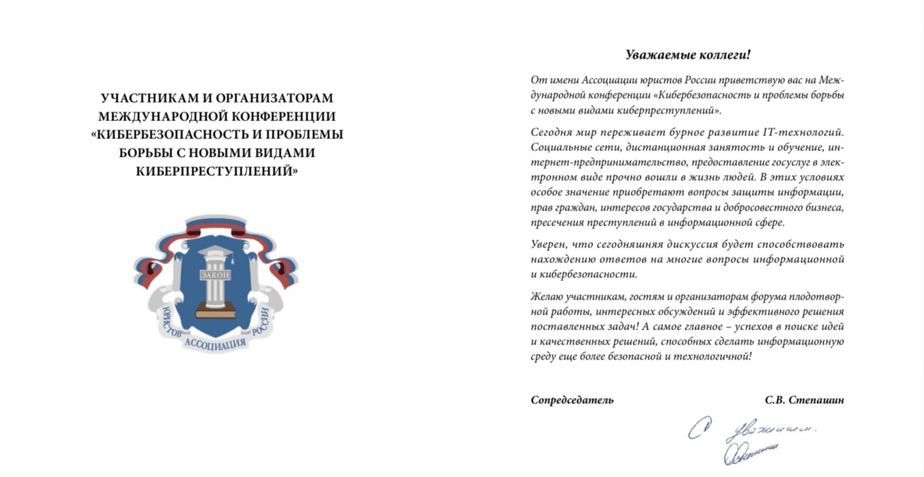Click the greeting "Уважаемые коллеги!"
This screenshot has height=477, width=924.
[x=688, y=55]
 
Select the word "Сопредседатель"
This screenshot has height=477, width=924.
[x=572, y=400]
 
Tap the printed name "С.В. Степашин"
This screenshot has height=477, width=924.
[x=804, y=400]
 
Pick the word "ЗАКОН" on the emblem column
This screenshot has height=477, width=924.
[x=215, y=275]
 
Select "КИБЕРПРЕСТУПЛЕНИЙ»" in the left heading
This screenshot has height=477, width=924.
[x=217, y=172]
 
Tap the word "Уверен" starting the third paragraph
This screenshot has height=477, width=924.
[x=548, y=245]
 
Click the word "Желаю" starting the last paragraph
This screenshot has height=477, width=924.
[x=546, y=297]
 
